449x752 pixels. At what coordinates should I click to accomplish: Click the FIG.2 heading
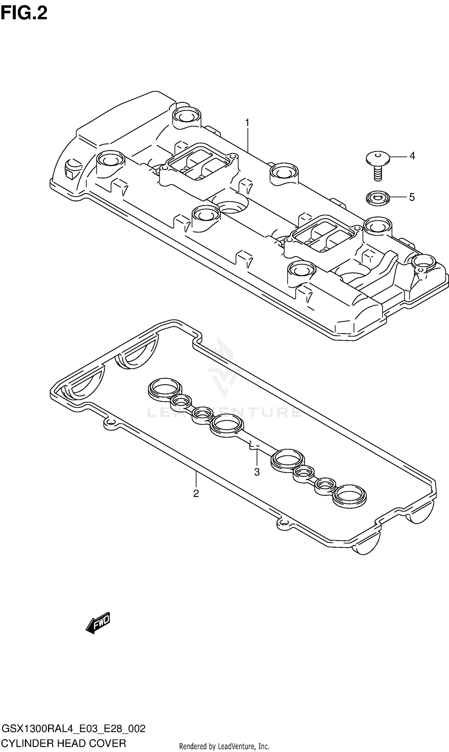(24, 13)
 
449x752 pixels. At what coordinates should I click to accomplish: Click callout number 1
(247, 123)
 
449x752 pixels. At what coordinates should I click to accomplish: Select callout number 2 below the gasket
(196, 494)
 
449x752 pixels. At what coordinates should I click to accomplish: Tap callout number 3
(257, 472)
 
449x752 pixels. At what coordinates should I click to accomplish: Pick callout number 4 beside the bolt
(412, 156)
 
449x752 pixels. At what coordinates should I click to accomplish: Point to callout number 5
(412, 197)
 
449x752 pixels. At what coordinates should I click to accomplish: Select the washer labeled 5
(377, 198)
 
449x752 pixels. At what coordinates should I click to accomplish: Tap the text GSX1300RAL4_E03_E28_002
(73, 729)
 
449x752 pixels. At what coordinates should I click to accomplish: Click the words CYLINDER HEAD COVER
(63, 743)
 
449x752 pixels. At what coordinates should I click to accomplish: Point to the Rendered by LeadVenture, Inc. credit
(224, 746)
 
